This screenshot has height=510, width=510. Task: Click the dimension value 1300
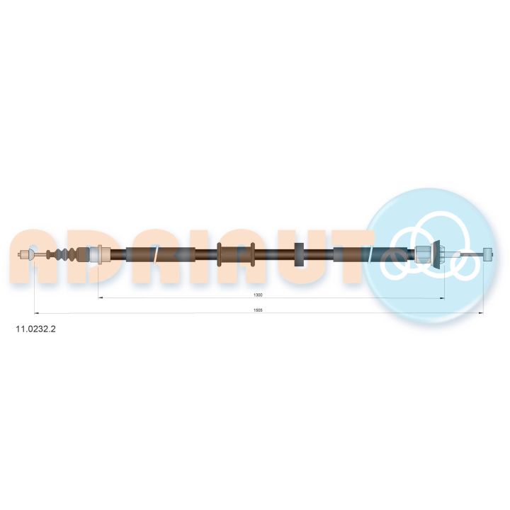[x=258, y=295]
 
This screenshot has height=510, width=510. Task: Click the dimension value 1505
[x=258, y=310]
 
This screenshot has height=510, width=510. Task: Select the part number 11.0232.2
[x=36, y=329]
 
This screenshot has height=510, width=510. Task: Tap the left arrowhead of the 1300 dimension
[x=101, y=297]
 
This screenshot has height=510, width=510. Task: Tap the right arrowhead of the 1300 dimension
[x=442, y=298]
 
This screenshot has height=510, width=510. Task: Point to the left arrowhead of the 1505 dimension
[x=37, y=313]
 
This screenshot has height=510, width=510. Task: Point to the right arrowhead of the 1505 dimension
[x=481, y=313]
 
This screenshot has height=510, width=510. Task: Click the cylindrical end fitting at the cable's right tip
[x=488, y=254]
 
